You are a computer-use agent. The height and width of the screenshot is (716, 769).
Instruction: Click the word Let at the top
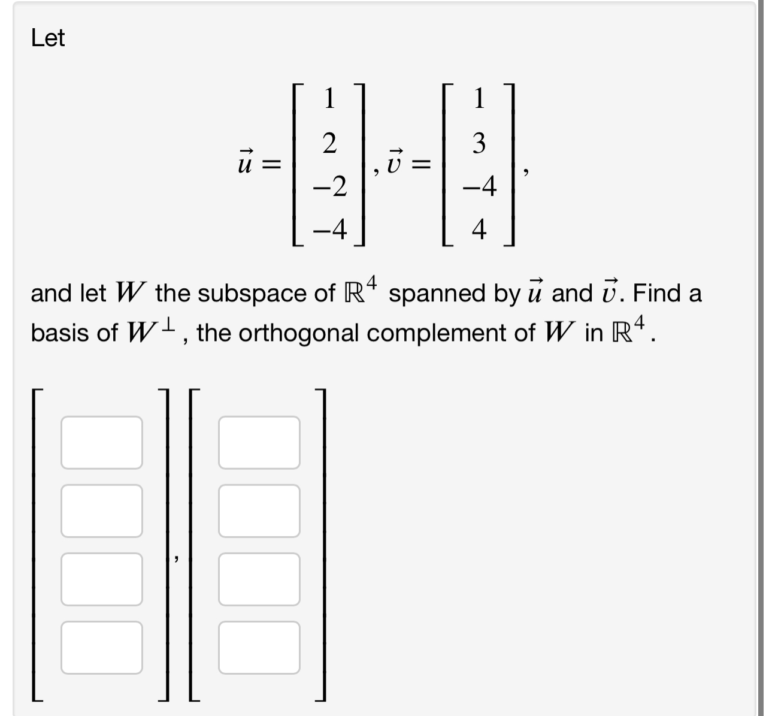[x=48, y=39]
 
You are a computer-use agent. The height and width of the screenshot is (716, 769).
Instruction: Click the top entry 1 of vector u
[x=329, y=98]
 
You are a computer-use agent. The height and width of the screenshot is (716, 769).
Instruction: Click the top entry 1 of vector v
[x=479, y=98]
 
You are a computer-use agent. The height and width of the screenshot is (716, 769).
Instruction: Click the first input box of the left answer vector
[x=102, y=443]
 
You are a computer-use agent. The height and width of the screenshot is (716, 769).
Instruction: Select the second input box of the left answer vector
[x=102, y=511]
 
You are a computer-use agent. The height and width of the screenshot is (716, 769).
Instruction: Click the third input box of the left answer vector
[x=102, y=579]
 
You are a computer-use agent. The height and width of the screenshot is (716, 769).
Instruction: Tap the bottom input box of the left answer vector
[x=102, y=648]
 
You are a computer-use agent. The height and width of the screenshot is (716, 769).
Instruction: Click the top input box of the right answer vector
[x=259, y=443]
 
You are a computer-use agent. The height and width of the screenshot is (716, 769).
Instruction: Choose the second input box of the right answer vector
[x=259, y=511]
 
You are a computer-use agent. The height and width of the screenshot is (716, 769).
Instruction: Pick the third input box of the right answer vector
[x=259, y=579]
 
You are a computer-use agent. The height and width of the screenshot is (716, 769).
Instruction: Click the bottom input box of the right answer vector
[x=259, y=648]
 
